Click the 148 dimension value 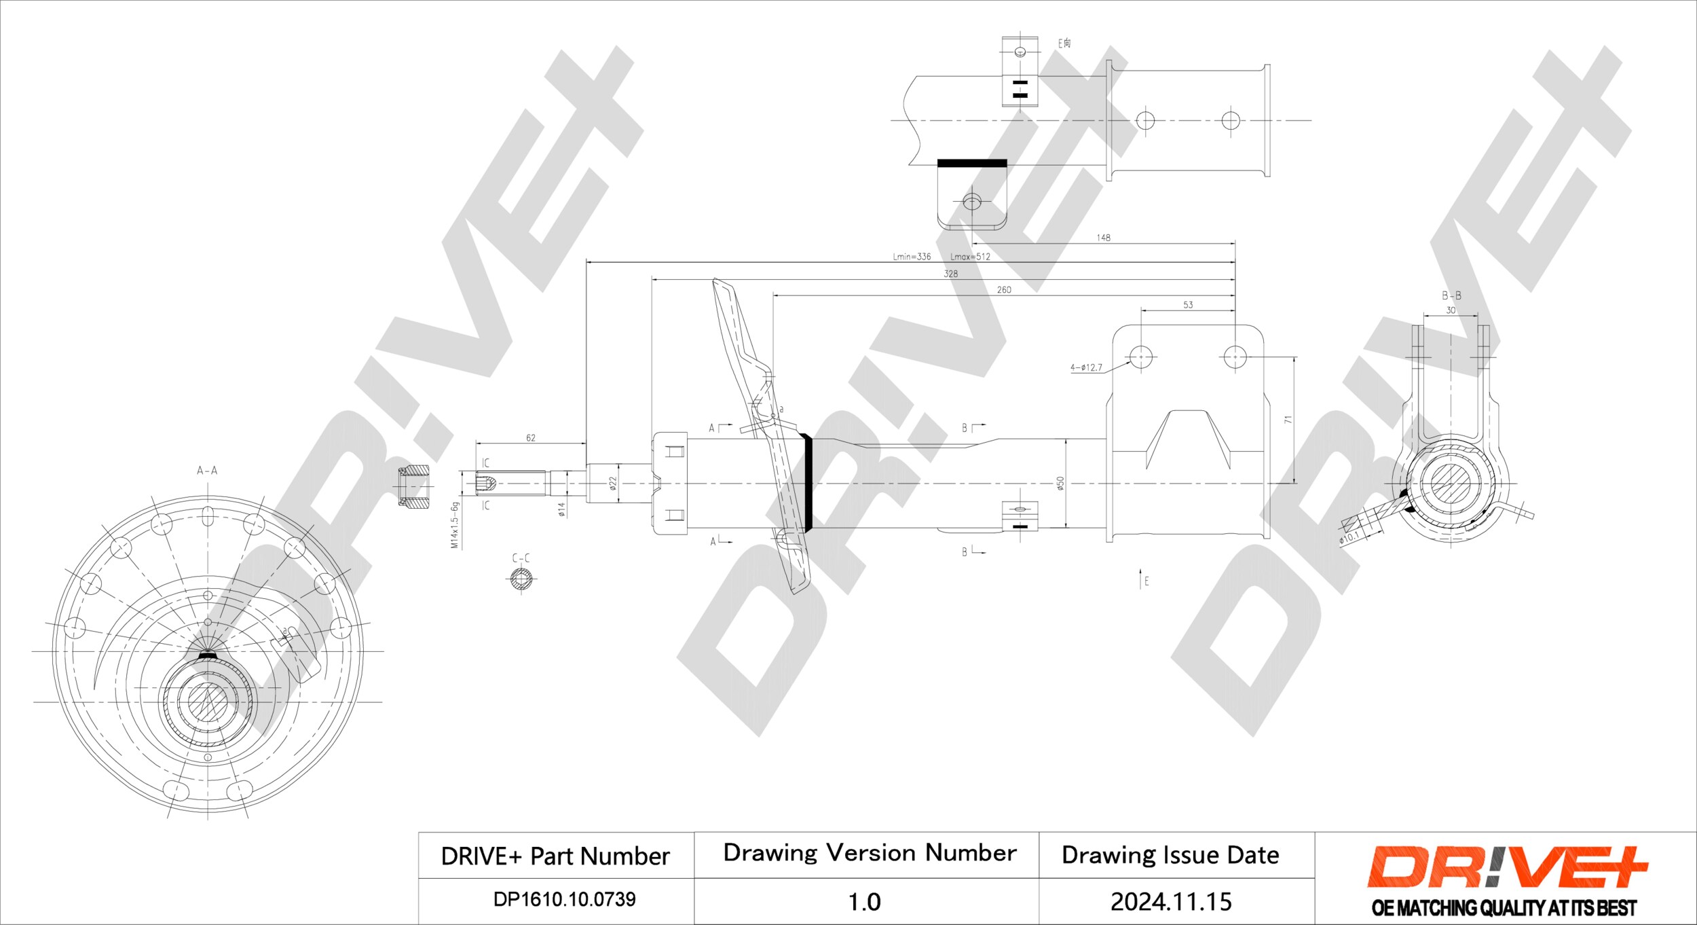pyautogui.click(x=1103, y=238)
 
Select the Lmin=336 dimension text pyautogui.click(x=912, y=257)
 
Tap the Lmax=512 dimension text pyautogui.click(x=970, y=257)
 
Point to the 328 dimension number pyautogui.click(x=950, y=274)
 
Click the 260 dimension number pyautogui.click(x=1003, y=290)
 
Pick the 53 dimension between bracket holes pyautogui.click(x=1187, y=305)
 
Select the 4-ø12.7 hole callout pyautogui.click(x=1086, y=368)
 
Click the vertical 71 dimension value pyautogui.click(x=1288, y=420)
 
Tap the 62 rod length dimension pyautogui.click(x=530, y=438)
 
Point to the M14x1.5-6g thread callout pyautogui.click(x=455, y=525)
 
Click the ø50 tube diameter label pyautogui.click(x=1060, y=483)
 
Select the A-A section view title pyautogui.click(x=207, y=470)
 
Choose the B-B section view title pyautogui.click(x=1451, y=295)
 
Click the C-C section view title pyautogui.click(x=521, y=558)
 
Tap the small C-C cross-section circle pyautogui.click(x=521, y=579)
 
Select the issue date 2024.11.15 pyautogui.click(x=1170, y=901)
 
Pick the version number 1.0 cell pyautogui.click(x=864, y=901)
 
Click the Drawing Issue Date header pyautogui.click(x=1170, y=855)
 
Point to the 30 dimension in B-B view pyautogui.click(x=1451, y=310)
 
